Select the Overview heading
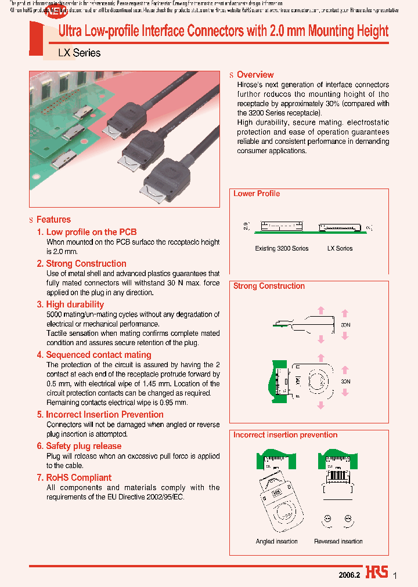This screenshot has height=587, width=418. (x=255, y=75)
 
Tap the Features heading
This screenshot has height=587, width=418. (x=53, y=219)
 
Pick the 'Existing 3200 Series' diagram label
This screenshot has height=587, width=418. (x=282, y=248)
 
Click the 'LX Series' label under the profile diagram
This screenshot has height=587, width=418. (x=340, y=248)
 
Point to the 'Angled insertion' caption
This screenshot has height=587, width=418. (x=276, y=541)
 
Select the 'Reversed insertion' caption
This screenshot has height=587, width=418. (x=338, y=541)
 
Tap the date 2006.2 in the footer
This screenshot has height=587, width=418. (x=349, y=574)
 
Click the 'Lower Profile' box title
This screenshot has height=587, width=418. (x=257, y=194)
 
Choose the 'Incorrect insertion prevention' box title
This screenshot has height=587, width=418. (x=285, y=434)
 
